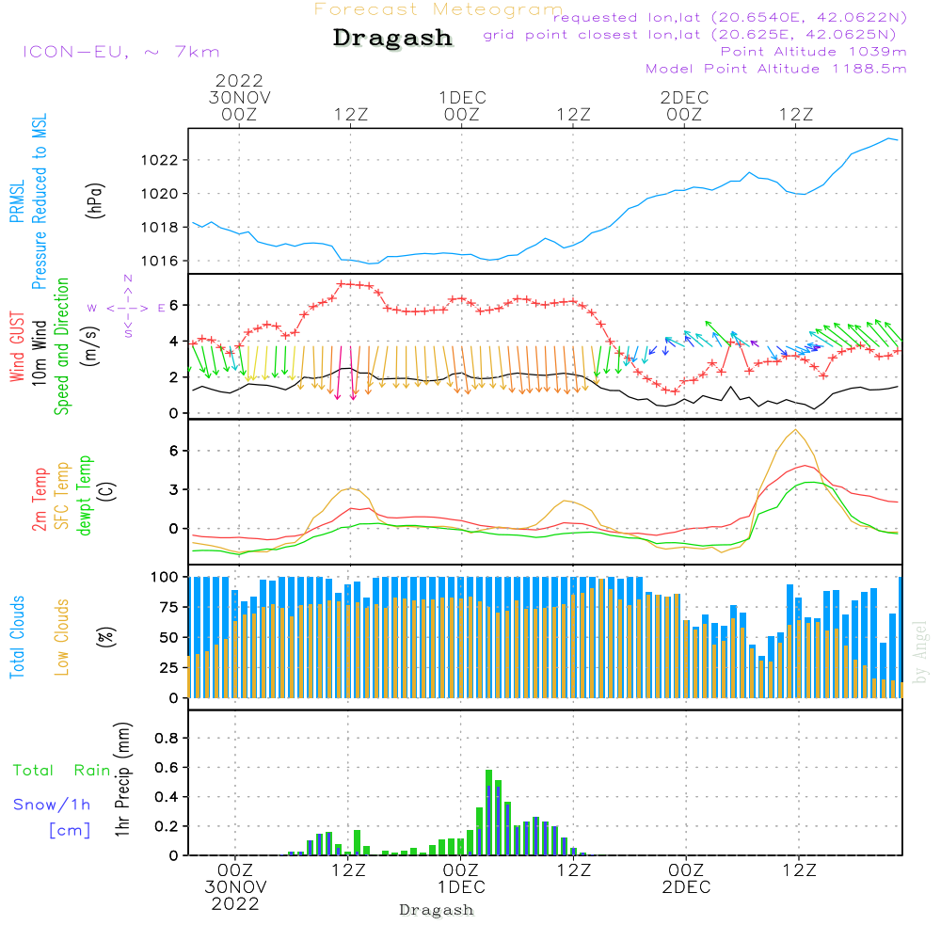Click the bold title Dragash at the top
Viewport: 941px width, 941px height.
point(392,38)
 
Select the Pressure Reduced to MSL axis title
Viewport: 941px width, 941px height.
point(40,201)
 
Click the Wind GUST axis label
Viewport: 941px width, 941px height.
point(17,345)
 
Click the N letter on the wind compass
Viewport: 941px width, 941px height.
point(128,279)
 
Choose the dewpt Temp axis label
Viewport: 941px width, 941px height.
point(85,496)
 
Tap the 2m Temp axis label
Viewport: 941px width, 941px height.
point(40,498)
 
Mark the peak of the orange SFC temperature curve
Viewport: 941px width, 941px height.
point(796,430)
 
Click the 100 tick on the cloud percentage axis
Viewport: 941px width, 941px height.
point(165,576)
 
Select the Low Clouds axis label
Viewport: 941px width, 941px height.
point(62,637)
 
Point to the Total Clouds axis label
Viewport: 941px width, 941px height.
point(17,637)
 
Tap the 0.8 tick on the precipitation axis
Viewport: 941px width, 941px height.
point(166,739)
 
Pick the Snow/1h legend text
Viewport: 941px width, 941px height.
point(53,805)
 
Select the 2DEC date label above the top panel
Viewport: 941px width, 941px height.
point(684,98)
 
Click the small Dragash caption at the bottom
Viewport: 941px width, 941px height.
point(437,910)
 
